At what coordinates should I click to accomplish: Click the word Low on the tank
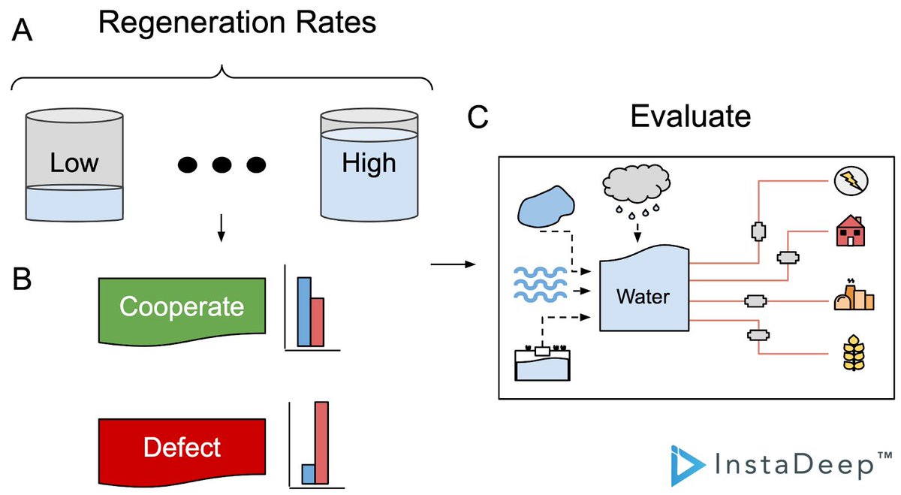click(x=74, y=163)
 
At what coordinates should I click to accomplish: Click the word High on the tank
click(x=369, y=163)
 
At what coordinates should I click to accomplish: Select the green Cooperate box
click(x=182, y=311)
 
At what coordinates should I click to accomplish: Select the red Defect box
click(x=182, y=451)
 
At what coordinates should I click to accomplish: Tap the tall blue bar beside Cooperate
click(x=304, y=312)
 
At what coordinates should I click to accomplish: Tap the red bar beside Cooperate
click(x=318, y=322)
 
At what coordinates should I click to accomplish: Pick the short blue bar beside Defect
click(x=309, y=474)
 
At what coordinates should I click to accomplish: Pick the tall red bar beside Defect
click(x=322, y=442)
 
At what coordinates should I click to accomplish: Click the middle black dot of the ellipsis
click(x=221, y=164)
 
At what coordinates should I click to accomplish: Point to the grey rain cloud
click(x=637, y=183)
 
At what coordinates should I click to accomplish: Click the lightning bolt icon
click(x=851, y=181)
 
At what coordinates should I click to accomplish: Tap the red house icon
click(x=850, y=231)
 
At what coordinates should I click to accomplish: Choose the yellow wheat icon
click(x=854, y=352)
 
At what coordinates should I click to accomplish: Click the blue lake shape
click(x=546, y=207)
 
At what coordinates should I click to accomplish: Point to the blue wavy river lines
click(x=540, y=285)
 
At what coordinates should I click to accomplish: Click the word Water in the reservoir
click(x=643, y=297)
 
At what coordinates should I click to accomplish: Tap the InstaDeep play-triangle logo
click(x=687, y=465)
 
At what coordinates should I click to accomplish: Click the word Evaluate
click(x=690, y=116)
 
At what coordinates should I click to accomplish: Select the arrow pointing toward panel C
click(x=453, y=264)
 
